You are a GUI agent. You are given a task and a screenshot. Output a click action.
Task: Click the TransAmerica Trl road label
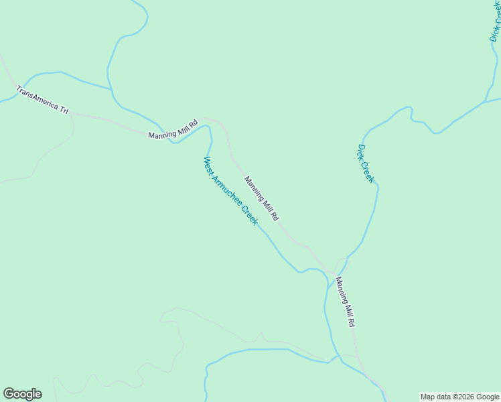click(x=43, y=99)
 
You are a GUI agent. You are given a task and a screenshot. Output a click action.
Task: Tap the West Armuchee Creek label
click(x=230, y=191)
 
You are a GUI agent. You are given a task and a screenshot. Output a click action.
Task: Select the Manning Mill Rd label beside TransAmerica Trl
click(x=173, y=129)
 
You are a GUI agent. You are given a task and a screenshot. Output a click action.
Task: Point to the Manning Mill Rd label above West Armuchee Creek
click(x=261, y=198)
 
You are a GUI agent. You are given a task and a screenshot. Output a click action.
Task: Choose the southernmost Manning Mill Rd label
click(x=344, y=301)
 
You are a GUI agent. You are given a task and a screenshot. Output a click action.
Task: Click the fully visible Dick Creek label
click(x=366, y=163)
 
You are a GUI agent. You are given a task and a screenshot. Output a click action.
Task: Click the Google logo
click(x=22, y=394)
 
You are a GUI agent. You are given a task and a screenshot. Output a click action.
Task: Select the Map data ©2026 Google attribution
click(x=459, y=397)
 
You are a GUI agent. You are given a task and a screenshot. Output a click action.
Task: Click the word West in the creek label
click(x=208, y=164)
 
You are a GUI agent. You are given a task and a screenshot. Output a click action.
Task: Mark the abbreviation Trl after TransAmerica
click(x=64, y=109)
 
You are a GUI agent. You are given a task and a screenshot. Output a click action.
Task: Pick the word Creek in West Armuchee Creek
click(x=249, y=215)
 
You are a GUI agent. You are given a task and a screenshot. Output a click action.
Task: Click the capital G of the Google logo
click(x=9, y=394)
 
